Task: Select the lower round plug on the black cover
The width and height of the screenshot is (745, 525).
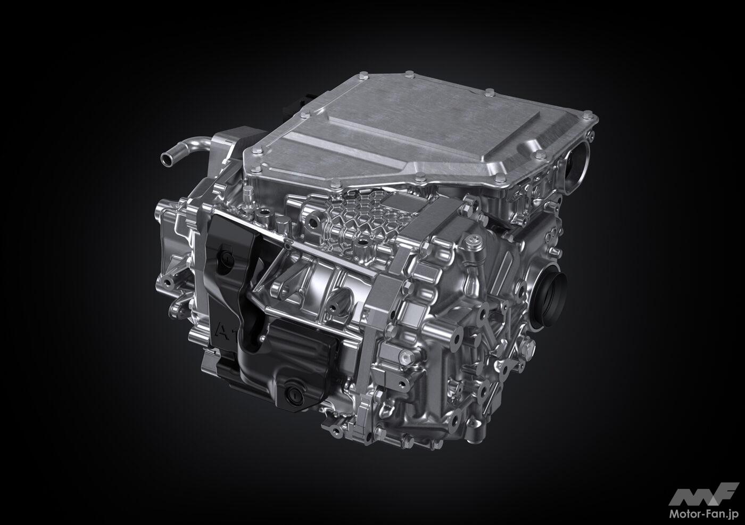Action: (294, 393)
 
